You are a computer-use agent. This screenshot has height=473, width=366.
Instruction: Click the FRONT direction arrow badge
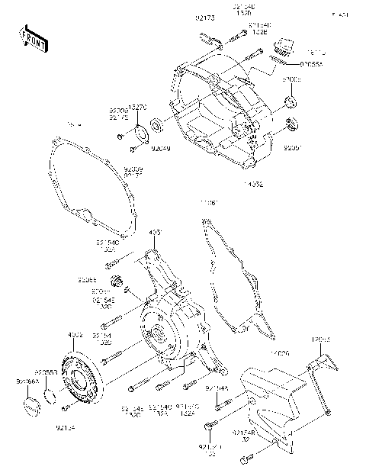point(32,40)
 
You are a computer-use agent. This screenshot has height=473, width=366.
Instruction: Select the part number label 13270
point(137,108)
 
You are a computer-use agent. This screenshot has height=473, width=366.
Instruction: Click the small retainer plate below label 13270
point(139,130)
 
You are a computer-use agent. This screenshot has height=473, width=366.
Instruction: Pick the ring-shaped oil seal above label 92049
point(156,122)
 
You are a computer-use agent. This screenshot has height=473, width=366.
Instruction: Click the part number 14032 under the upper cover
point(253,185)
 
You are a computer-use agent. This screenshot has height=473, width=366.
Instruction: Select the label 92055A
point(310,66)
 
